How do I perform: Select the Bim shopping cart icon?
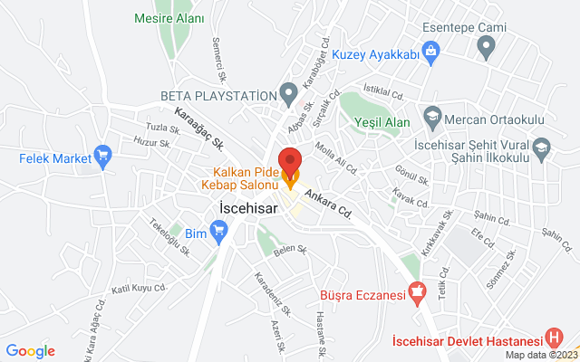[x=218, y=233]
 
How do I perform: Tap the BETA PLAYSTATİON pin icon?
[x=289, y=94]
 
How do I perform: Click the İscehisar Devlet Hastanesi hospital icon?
[x=555, y=339]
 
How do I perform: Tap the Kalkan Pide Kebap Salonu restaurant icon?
[x=290, y=179]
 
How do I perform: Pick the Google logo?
[x=31, y=351]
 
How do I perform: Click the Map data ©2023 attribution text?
[x=540, y=355]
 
